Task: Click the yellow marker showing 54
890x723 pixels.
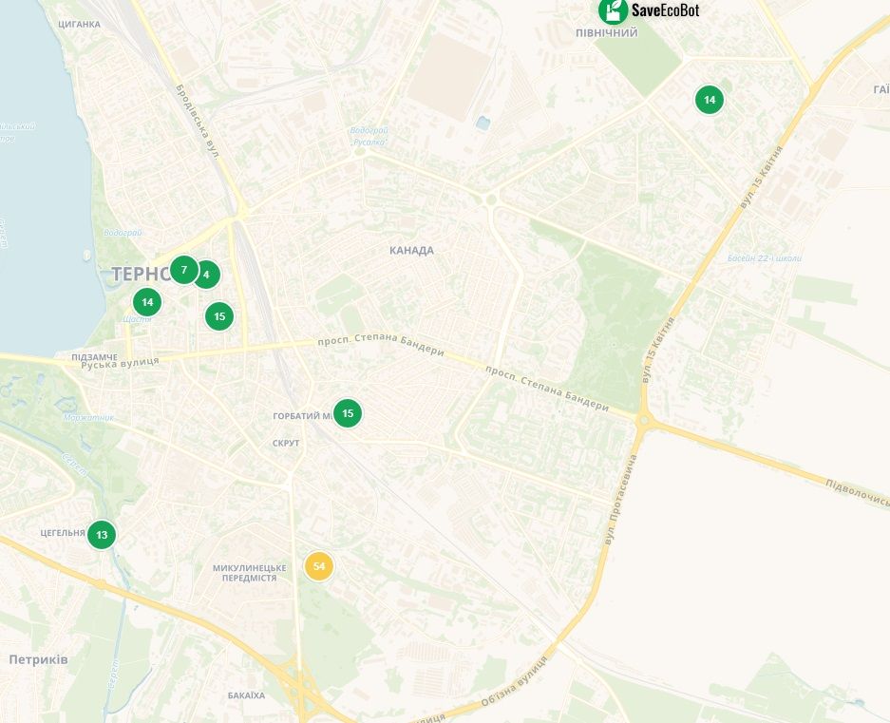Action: pyautogui.click(x=319, y=566)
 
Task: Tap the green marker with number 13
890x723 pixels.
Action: pyautogui.click(x=102, y=534)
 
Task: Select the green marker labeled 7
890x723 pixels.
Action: pyautogui.click(x=184, y=270)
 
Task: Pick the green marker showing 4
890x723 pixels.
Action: pyautogui.click(x=206, y=276)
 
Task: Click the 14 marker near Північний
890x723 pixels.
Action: pyautogui.click(x=709, y=99)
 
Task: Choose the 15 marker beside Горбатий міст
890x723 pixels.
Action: pyautogui.click(x=348, y=412)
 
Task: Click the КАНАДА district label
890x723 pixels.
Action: pyautogui.click(x=411, y=251)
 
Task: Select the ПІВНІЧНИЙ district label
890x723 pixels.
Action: pyautogui.click(x=606, y=33)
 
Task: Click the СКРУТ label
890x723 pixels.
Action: pyautogui.click(x=286, y=444)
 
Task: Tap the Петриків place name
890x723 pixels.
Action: pyautogui.click(x=38, y=659)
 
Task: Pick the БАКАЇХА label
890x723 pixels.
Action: pyautogui.click(x=247, y=695)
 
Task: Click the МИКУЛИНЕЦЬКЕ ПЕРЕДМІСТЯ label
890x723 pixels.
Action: pyautogui.click(x=244, y=572)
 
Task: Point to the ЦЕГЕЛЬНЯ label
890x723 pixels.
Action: pyautogui.click(x=64, y=533)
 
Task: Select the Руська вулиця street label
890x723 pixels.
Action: pyautogui.click(x=120, y=364)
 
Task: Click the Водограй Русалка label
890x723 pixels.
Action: pyautogui.click(x=369, y=136)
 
